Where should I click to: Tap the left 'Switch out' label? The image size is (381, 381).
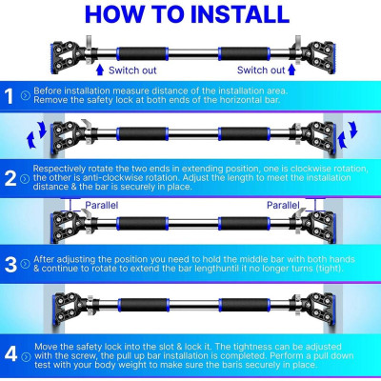pyautogui.click(x=132, y=70)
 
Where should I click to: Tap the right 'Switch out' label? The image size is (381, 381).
pyautogui.click(x=261, y=70)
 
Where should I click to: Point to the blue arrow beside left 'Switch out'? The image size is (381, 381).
pyautogui.click(x=100, y=70)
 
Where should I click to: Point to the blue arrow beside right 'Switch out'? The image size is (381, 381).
pyautogui.click(x=291, y=70)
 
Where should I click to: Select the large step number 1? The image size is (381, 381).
pyautogui.click(x=10, y=96)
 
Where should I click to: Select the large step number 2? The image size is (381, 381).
pyautogui.click(x=10, y=178)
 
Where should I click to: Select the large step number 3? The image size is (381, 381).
pyautogui.click(x=10, y=264)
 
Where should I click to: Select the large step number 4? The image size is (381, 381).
pyautogui.click(x=10, y=353)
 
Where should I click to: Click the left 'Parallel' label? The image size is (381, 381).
pyautogui.click(x=102, y=205)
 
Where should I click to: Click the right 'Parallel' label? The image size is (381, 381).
pyautogui.click(x=283, y=205)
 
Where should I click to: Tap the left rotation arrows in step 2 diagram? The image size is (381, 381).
pyautogui.click(x=36, y=135)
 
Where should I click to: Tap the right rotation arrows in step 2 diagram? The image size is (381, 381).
pyautogui.click(x=348, y=134)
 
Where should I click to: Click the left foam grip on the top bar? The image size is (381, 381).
pyautogui.click(x=143, y=53)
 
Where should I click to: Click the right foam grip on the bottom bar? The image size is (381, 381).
pyautogui.click(x=244, y=305)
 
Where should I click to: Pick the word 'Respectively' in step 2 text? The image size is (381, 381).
pyautogui.click(x=59, y=169)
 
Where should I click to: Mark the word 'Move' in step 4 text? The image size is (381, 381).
pyautogui.click(x=46, y=347)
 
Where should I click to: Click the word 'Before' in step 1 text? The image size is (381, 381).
pyautogui.click(x=48, y=90)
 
